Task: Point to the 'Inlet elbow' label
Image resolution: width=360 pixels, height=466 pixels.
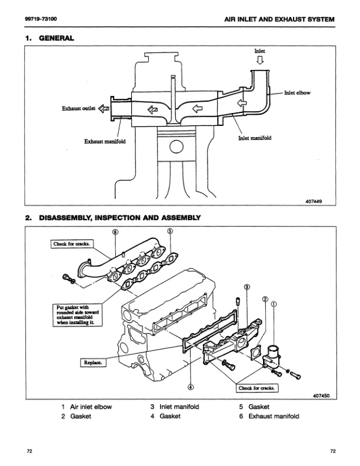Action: click(297, 93)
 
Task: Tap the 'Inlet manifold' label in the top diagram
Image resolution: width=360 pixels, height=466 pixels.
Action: click(255, 139)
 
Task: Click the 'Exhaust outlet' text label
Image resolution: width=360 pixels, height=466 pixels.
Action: click(78, 108)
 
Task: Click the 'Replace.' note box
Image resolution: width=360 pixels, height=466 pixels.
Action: click(92, 364)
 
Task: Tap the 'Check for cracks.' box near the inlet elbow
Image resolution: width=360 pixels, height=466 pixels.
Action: click(258, 388)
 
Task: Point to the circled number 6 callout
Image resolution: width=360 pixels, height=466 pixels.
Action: click(115, 232)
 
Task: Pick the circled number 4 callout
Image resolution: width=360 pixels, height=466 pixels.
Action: click(191, 387)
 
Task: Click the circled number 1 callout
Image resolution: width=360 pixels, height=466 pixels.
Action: click(274, 304)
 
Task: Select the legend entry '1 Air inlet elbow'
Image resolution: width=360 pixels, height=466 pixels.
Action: click(86, 407)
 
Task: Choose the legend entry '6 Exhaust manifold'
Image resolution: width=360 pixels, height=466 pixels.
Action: click(270, 416)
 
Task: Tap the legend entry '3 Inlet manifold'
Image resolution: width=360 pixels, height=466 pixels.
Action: click(175, 407)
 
